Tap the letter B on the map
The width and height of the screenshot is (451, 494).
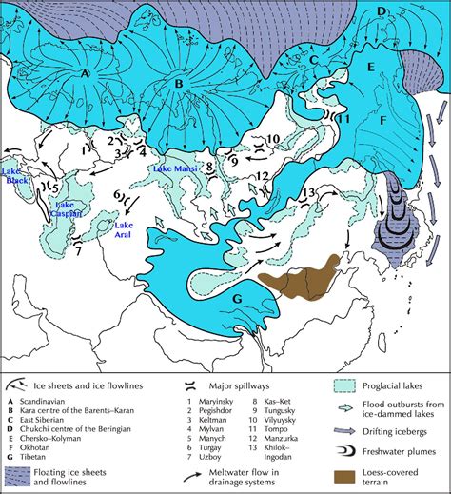point(177,84)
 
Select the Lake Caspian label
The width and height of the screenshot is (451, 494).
point(69,209)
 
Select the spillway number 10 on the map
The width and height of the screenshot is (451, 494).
point(271,139)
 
